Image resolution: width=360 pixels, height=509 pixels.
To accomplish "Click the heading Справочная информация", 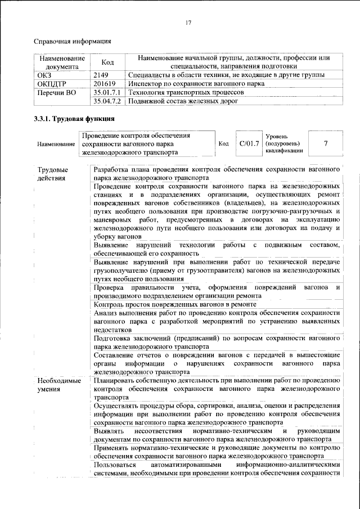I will click(73, 41).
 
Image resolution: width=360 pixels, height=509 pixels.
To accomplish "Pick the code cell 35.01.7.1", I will click(108, 92).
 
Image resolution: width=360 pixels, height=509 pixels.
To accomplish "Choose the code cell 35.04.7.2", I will click(108, 101).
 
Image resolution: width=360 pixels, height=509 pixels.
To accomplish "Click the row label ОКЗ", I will click(44, 75).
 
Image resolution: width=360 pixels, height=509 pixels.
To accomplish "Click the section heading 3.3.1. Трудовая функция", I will click(75, 119).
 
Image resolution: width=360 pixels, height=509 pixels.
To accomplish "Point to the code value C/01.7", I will click(248, 143).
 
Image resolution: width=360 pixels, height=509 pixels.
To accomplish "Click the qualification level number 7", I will click(325, 143).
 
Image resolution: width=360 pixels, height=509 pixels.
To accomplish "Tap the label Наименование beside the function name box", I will click(56, 145).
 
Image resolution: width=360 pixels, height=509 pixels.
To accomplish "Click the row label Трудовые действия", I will click(52, 174).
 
